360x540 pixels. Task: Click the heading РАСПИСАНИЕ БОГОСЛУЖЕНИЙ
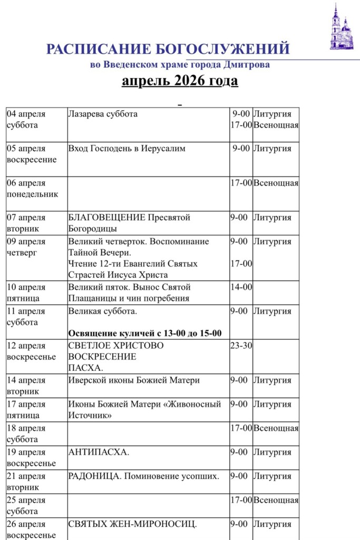[168, 50]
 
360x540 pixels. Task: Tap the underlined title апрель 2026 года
[180, 81]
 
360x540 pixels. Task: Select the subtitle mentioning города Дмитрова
[180, 65]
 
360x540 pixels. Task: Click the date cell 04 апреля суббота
[26, 120]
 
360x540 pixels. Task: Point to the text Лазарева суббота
[103, 114]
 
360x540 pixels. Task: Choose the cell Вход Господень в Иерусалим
[127, 149]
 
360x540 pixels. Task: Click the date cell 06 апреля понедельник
[32, 189]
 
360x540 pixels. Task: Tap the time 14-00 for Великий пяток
[241, 287]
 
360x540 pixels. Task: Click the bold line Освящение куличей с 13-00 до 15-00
[145, 333]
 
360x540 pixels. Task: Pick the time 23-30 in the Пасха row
[241, 345]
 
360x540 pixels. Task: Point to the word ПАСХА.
[86, 368]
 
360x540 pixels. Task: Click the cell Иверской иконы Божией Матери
[134, 380]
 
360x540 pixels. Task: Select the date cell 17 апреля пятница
[26, 410]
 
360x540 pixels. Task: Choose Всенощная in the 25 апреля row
[276, 500]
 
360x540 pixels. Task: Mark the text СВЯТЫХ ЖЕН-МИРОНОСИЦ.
[133, 524]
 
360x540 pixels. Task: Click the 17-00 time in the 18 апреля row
[241, 428]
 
